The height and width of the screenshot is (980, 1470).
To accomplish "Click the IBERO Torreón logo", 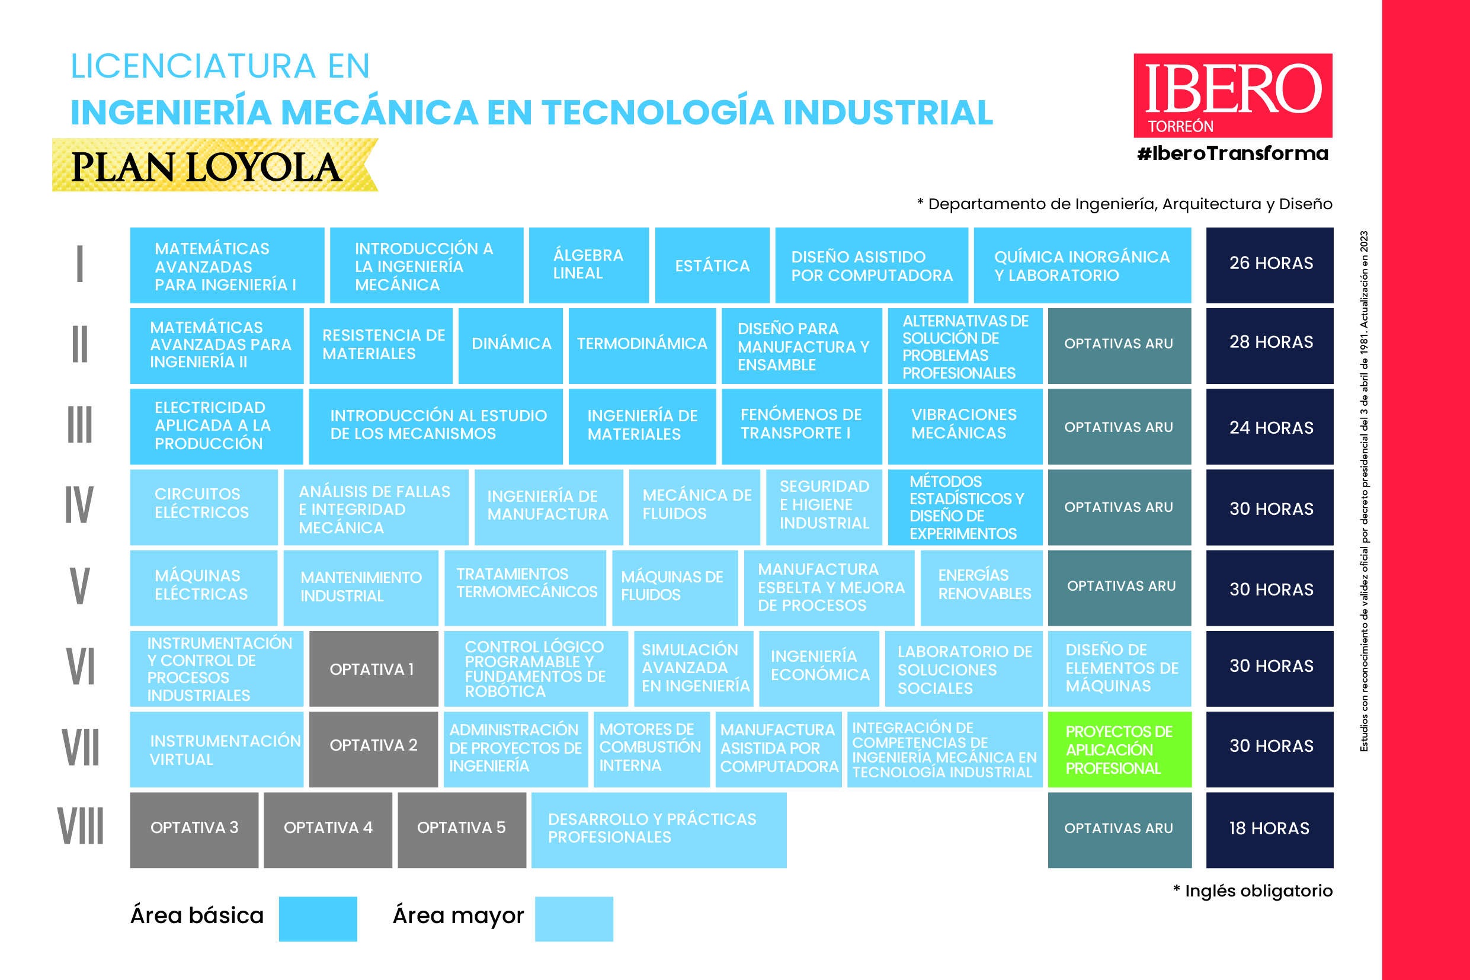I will point(1232,95).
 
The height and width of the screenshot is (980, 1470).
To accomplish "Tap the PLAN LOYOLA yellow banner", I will point(214,165).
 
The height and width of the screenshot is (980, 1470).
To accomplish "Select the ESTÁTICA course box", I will point(712,265).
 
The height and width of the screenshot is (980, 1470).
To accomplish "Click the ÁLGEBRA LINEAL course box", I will point(588,265).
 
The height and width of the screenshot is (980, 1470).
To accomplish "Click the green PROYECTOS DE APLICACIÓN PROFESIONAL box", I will point(1119,749).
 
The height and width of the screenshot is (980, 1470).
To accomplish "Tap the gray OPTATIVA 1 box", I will point(373,668).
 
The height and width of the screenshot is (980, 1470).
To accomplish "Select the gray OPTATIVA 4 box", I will point(328,829).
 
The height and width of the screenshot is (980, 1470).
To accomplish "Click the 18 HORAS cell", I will point(1269,829).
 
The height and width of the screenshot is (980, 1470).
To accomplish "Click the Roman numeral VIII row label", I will point(81,827).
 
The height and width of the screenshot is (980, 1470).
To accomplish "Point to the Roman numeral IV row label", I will point(79,505).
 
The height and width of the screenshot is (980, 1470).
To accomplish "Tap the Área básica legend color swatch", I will point(318,918).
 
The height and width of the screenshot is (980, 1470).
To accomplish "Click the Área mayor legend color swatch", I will point(574,918).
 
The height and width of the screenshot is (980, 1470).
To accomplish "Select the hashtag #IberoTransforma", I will point(1232,153).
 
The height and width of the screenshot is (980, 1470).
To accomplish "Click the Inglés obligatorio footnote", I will point(1253,891).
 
